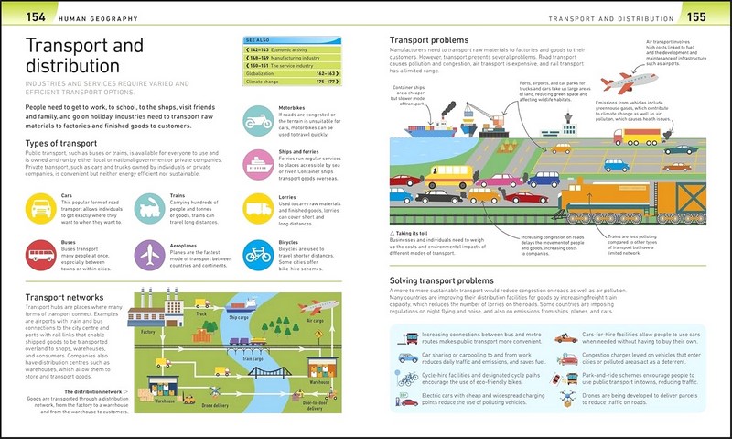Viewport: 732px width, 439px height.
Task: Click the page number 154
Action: (x=36, y=15)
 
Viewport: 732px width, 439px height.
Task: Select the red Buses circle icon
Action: (x=41, y=255)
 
